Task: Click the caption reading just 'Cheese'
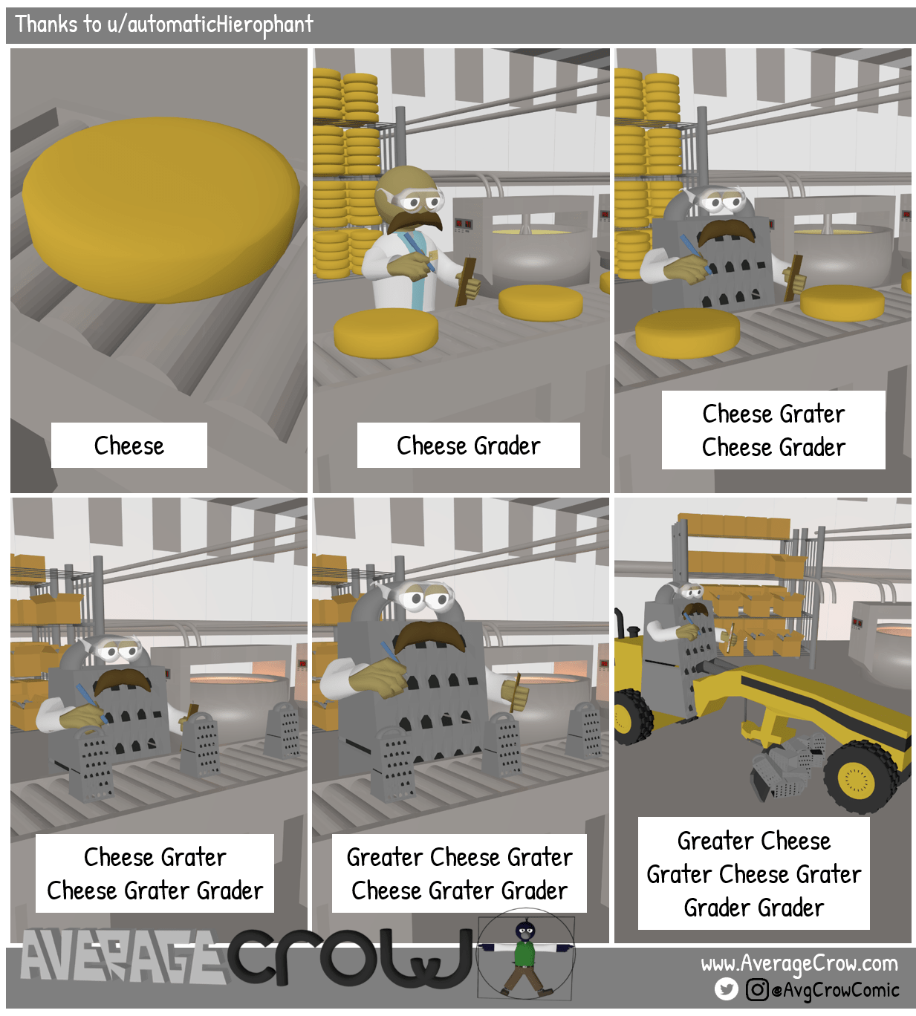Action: click(129, 446)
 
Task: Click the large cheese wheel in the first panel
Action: click(160, 212)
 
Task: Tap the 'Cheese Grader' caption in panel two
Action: click(468, 446)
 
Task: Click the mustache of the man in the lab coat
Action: click(416, 221)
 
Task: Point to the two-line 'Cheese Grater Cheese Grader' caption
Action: click(773, 430)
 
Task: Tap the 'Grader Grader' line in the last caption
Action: click(753, 908)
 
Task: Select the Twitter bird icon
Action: click(726, 989)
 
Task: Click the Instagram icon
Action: click(756, 989)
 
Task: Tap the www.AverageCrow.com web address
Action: click(799, 964)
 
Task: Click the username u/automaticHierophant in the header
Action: click(209, 25)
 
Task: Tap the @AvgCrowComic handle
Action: click(836, 990)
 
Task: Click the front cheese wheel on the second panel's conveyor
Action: click(386, 333)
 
